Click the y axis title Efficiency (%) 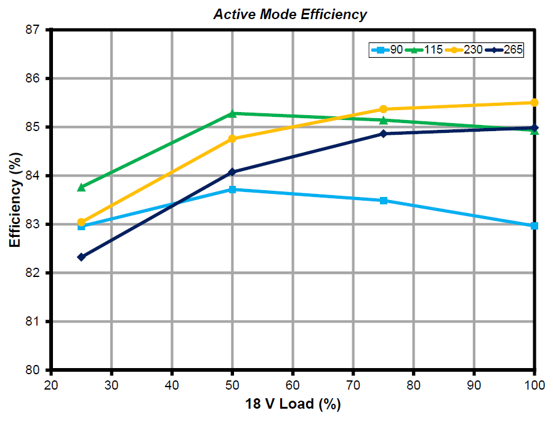pyautogui.click(x=15, y=199)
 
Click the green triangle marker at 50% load pyautogui.click(x=232, y=113)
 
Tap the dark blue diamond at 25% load pyautogui.click(x=81, y=257)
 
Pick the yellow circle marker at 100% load pyautogui.click(x=535, y=102)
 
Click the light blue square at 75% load pyautogui.click(x=384, y=201)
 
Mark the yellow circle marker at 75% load pyautogui.click(x=384, y=109)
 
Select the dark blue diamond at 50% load pyautogui.click(x=232, y=172)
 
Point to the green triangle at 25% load pyautogui.click(x=81, y=187)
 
